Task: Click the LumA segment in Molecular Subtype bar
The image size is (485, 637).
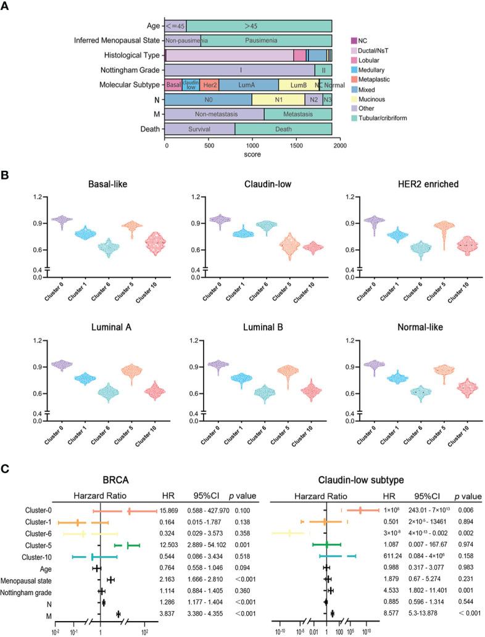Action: [248, 84]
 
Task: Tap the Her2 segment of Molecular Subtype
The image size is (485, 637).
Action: [209, 84]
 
